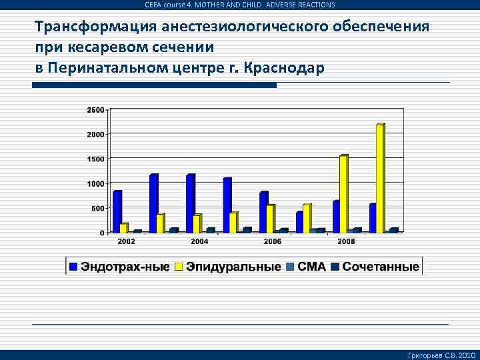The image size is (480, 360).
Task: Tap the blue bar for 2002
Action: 117,211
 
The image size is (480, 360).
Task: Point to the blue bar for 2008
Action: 336,216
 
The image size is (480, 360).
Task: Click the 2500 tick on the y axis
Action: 95,110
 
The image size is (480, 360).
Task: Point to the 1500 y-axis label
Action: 95,159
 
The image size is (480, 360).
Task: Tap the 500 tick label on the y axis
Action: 97,208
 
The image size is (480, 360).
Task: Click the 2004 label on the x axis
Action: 200,240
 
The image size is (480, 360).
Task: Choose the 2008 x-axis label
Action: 346,240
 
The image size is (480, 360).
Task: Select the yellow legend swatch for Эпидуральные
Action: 179,267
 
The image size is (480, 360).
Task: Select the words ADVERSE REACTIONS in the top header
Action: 300,5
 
